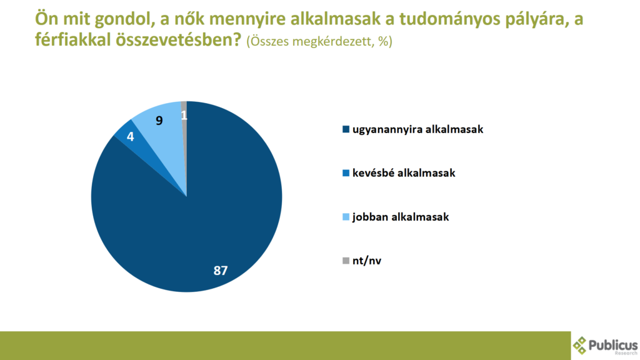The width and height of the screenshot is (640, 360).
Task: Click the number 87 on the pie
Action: (221, 270)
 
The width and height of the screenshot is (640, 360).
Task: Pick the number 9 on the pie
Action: (159, 121)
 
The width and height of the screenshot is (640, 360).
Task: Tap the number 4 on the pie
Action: (130, 136)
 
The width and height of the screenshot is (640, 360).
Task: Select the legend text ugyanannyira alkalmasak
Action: (417, 129)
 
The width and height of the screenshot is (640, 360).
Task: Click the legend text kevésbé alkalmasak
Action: (404, 173)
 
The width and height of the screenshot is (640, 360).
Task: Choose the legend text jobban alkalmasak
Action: (401, 217)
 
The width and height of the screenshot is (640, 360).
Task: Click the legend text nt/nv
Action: (366, 261)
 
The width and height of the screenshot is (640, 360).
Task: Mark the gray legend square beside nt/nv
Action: (346, 261)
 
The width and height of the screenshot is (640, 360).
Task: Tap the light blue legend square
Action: (346, 217)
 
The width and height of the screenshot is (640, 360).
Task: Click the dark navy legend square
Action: (346, 129)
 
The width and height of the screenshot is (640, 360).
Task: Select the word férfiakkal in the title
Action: (72, 40)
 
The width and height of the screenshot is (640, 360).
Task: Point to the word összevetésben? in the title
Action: (179, 40)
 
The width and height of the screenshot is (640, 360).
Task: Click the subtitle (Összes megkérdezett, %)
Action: (319, 41)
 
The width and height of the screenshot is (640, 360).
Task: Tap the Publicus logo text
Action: (612, 345)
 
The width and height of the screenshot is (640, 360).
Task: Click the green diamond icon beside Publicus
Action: (579, 345)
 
